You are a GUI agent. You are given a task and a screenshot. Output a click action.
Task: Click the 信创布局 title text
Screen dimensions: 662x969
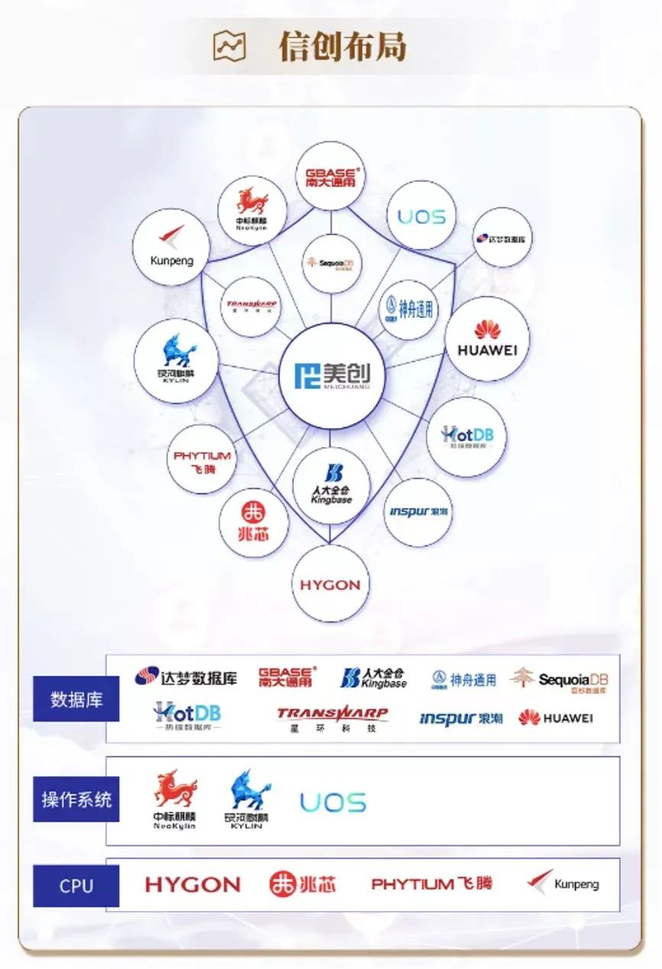tap(342, 47)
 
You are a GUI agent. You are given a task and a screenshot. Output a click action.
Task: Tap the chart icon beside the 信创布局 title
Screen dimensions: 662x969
tap(229, 47)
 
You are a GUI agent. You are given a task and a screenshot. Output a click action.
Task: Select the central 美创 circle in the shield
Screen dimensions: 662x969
tap(331, 374)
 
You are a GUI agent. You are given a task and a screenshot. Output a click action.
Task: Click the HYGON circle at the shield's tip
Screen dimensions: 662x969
tap(330, 585)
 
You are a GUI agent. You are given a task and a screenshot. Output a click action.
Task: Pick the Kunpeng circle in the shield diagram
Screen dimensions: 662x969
tap(171, 247)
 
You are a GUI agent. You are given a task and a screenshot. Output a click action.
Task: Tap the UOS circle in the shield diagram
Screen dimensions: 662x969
tap(421, 216)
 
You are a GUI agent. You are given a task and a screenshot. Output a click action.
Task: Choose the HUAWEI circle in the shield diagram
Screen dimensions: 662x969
tap(487, 339)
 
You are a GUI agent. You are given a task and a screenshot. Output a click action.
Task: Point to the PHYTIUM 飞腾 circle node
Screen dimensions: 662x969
tap(202, 460)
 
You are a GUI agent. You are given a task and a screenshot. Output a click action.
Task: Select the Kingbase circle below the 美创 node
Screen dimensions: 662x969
tap(332, 485)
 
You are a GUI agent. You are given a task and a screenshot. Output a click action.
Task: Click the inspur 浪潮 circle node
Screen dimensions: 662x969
tap(417, 512)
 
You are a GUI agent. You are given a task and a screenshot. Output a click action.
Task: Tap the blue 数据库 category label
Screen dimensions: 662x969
tap(76, 699)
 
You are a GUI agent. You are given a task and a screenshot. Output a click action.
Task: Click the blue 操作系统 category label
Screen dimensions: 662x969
tap(76, 800)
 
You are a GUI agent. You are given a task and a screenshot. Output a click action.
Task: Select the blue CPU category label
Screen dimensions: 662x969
tap(76, 886)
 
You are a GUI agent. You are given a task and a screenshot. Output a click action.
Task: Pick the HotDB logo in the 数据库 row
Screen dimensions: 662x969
tap(187, 717)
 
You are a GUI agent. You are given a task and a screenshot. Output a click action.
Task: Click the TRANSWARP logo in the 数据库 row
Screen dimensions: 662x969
tap(332, 718)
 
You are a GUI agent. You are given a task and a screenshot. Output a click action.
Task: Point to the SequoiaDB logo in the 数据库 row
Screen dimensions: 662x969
tap(560, 679)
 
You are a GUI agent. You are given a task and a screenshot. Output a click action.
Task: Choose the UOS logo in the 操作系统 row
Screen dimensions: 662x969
tap(333, 802)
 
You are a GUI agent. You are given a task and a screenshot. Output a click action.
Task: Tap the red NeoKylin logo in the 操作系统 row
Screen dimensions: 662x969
tap(174, 800)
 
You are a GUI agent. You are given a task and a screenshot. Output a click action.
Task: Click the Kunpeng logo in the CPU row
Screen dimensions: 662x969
tap(563, 883)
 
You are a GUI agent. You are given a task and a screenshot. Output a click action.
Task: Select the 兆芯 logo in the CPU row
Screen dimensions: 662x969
tap(302, 884)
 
